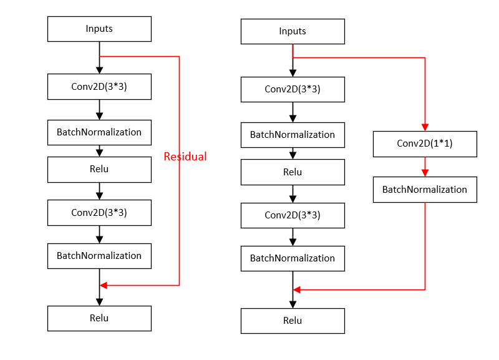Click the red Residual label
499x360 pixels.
pyautogui.click(x=185, y=157)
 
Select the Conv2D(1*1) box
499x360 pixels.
pyautogui.click(x=425, y=144)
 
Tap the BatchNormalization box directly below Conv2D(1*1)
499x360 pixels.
pyautogui.click(x=425, y=190)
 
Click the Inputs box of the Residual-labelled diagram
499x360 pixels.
pyautogui.click(x=99, y=29)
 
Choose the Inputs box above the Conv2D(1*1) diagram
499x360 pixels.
pyautogui.click(x=293, y=31)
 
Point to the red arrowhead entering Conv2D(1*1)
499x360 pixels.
pyautogui.click(x=425, y=127)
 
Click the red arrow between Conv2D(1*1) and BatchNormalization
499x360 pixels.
pyautogui.click(x=425, y=167)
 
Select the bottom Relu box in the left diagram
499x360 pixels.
pyautogui.click(x=99, y=318)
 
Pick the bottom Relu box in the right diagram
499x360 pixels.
pyautogui.click(x=293, y=321)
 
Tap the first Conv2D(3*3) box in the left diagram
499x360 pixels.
pyautogui.click(x=99, y=87)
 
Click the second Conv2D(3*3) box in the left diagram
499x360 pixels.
pyautogui.click(x=99, y=212)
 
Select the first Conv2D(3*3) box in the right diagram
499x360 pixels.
pyautogui.click(x=293, y=89)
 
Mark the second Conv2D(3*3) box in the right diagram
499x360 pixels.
pyautogui.click(x=293, y=215)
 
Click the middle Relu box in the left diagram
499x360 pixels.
pyautogui.click(x=99, y=169)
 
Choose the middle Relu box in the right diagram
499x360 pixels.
pyautogui.click(x=293, y=172)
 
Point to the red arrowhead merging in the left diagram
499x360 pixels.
pyautogui.click(x=104, y=285)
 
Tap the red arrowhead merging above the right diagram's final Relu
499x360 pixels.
pyautogui.click(x=298, y=289)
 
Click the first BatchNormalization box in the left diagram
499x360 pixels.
pyautogui.click(x=99, y=132)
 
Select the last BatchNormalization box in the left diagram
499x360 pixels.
pyautogui.click(x=99, y=256)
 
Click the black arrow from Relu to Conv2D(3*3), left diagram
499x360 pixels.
pyautogui.click(x=99, y=191)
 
